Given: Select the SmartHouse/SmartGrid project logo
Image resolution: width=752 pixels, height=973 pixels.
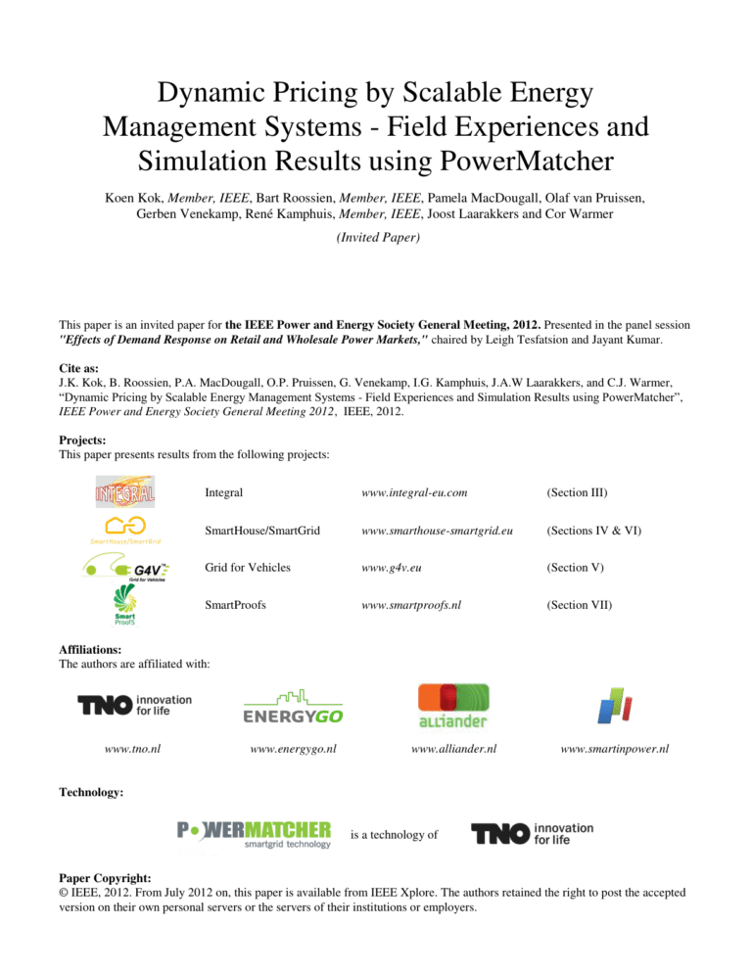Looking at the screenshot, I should (x=126, y=529).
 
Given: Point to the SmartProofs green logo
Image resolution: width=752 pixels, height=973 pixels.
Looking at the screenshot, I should (x=123, y=607).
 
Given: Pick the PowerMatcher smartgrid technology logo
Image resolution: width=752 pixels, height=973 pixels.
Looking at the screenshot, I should (x=254, y=834).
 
